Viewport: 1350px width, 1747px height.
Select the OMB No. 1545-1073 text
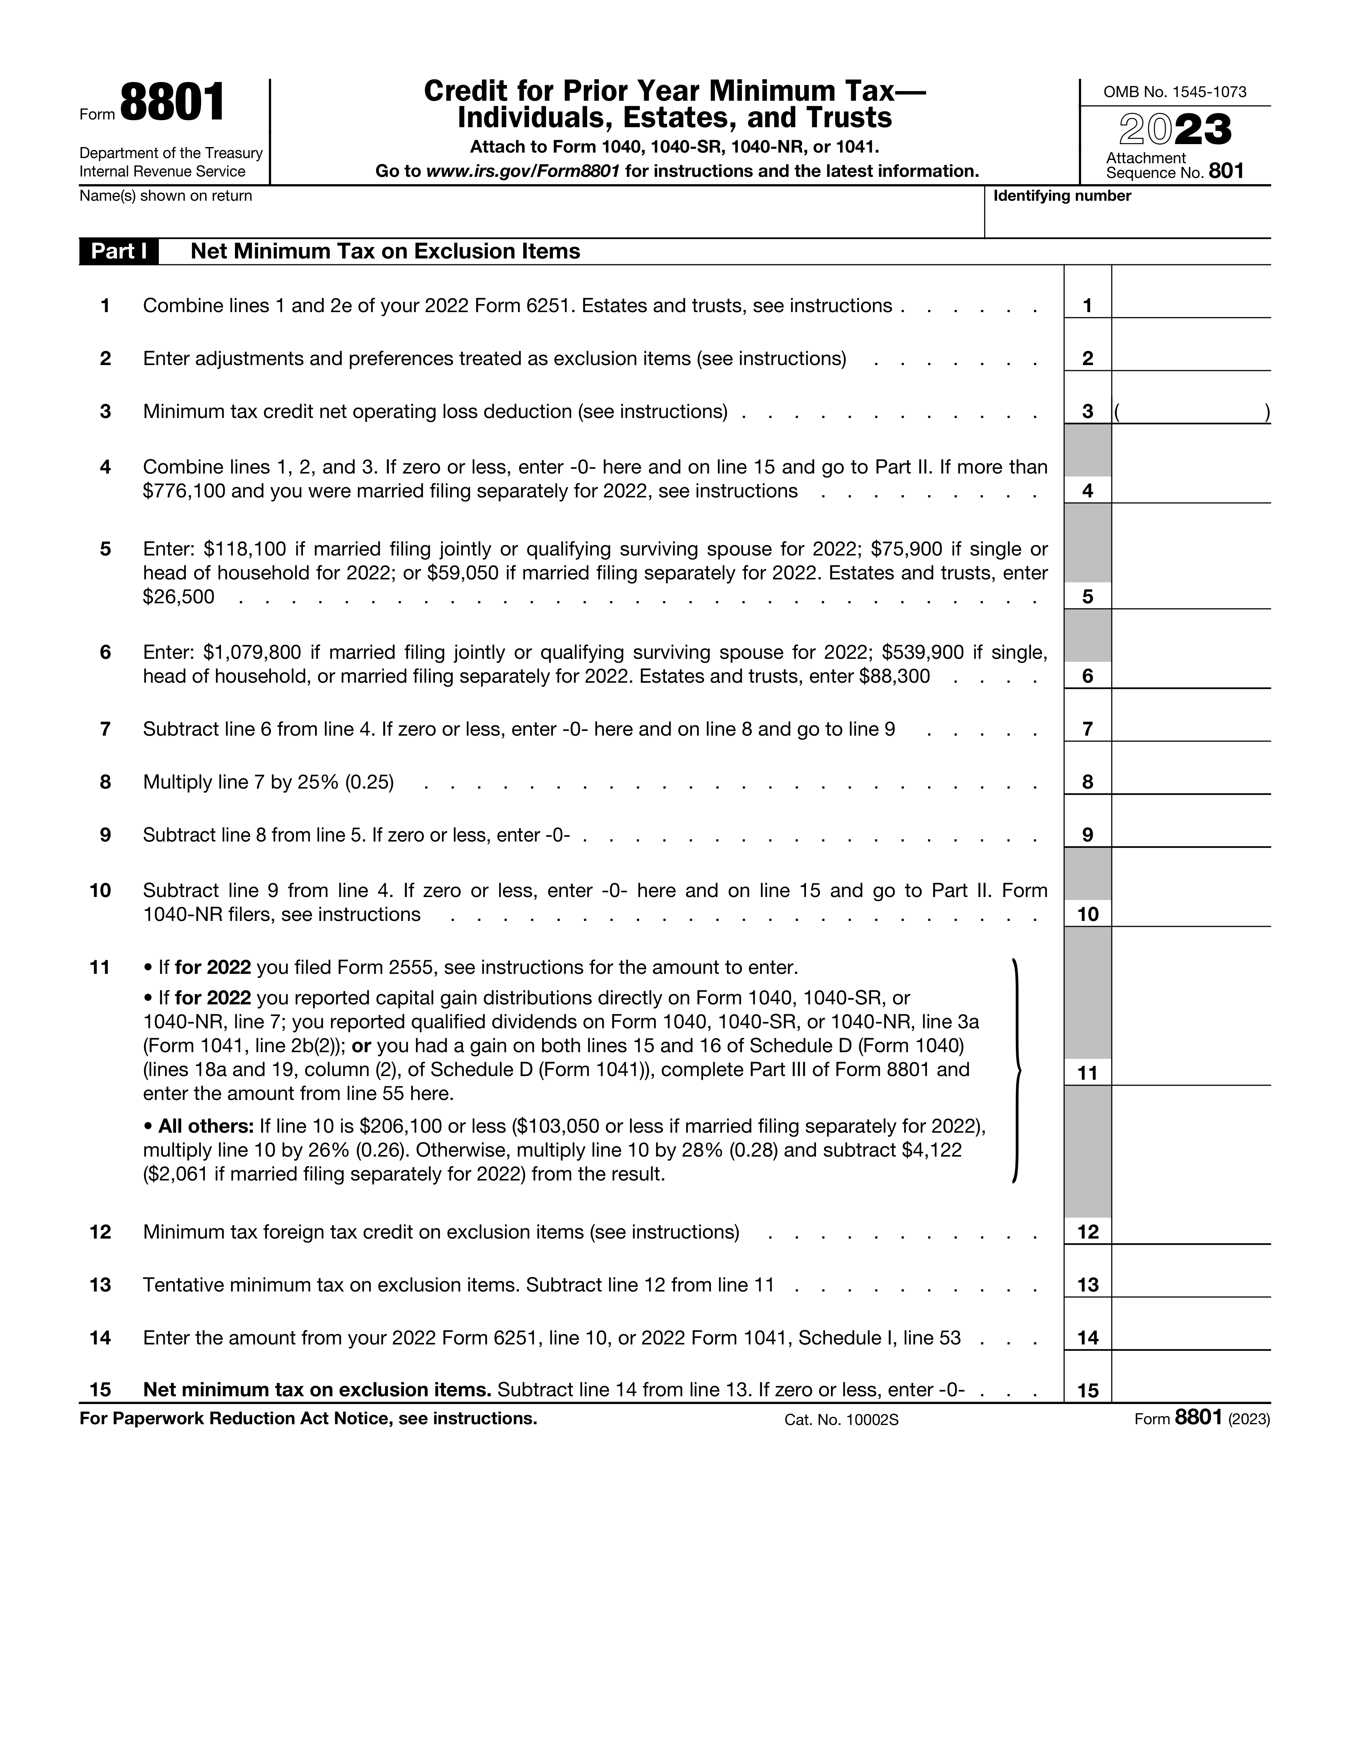pos(1174,92)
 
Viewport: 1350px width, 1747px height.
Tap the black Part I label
pos(118,251)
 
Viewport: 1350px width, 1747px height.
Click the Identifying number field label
pos(1061,196)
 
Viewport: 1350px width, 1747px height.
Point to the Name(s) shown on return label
pos(165,196)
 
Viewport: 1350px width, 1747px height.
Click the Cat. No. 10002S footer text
pos(841,1420)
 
